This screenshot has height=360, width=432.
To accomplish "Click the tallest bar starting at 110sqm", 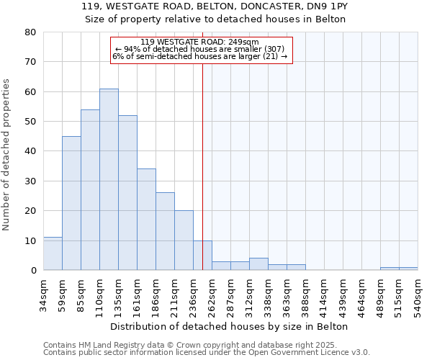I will point(109,179).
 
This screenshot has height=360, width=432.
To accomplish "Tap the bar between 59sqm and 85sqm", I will point(71,203).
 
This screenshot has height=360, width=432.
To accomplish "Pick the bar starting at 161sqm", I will point(146,220).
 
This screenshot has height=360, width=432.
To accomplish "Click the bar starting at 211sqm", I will point(184,240).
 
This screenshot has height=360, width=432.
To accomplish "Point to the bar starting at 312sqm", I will point(258,264).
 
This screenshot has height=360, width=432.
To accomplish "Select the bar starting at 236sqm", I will point(202,256).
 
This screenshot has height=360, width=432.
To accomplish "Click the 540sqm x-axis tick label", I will point(418,294).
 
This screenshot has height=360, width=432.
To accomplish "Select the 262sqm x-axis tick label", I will point(212,294).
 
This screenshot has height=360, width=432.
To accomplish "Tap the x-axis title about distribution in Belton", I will point(230,326).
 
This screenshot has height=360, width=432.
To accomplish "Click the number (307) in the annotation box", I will point(275,49).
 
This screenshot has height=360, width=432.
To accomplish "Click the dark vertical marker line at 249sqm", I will point(202,144).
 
